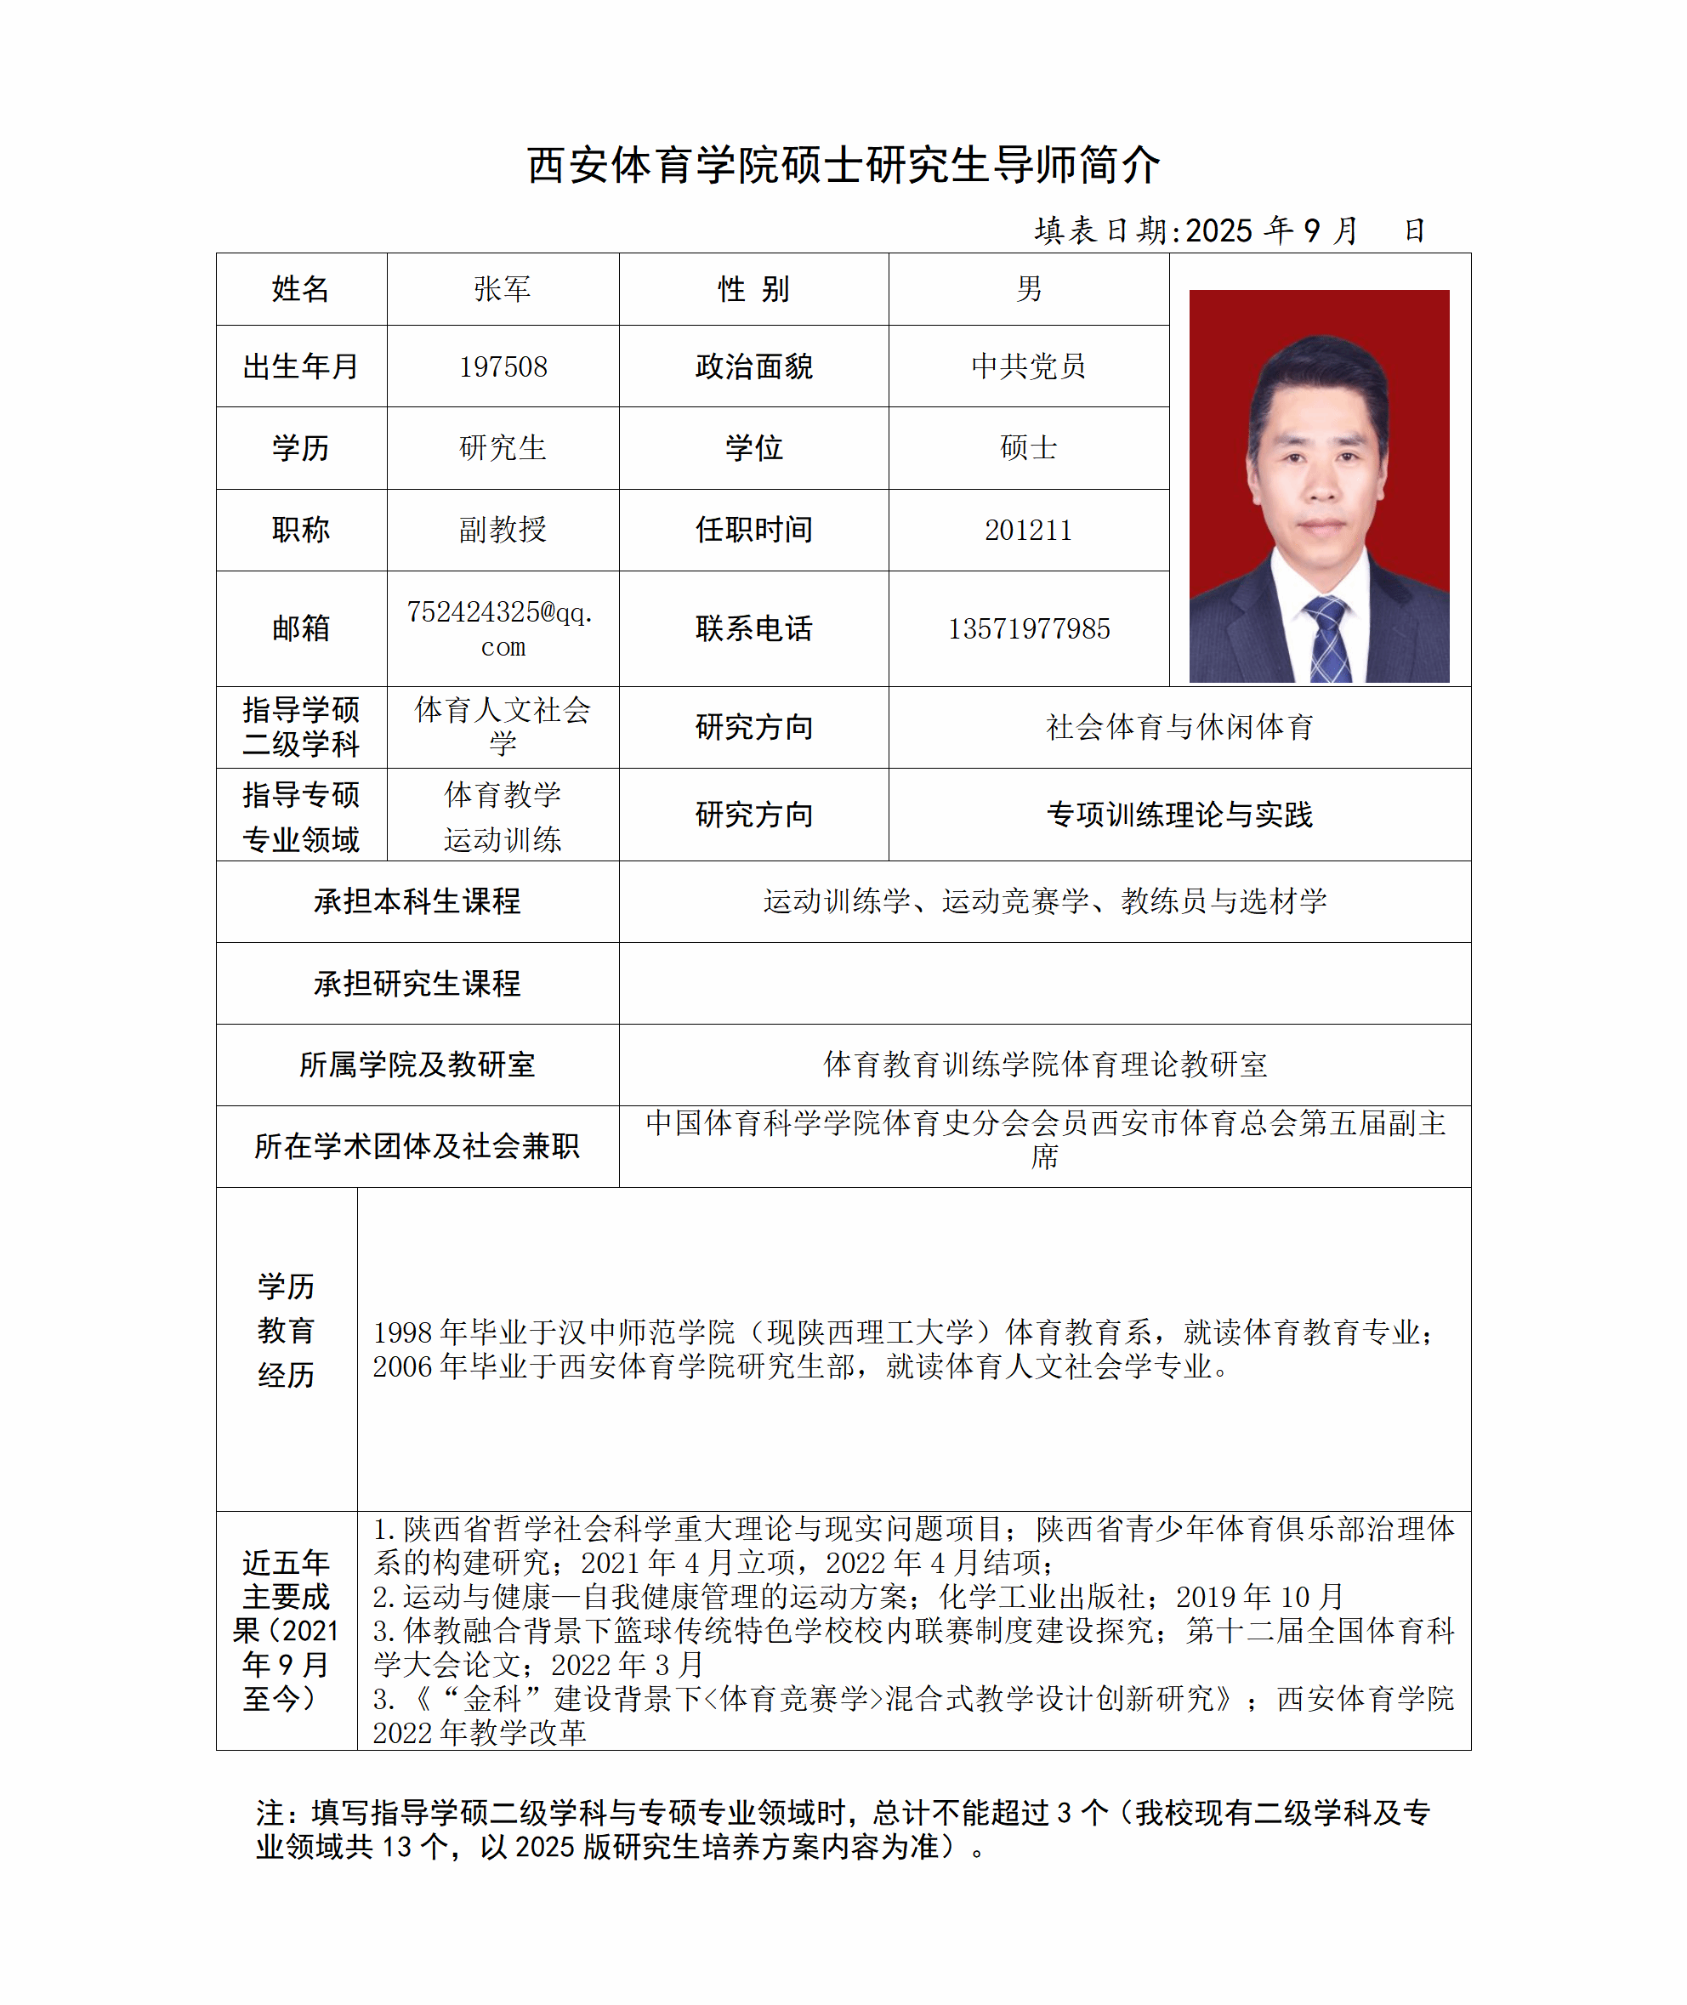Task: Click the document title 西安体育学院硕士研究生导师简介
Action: pos(843,166)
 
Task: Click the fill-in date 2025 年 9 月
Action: pos(1272,230)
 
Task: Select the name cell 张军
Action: pos(502,289)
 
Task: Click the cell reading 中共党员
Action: pos(1028,366)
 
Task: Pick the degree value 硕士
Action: pos(1028,447)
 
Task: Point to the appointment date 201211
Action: pos(1028,530)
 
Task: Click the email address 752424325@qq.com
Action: pos(502,628)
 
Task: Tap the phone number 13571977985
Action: pos(1028,629)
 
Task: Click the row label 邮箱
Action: pos(300,628)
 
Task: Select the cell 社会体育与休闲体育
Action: pos(1179,728)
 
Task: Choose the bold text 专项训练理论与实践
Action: pos(1179,815)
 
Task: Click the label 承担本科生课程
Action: pos(417,901)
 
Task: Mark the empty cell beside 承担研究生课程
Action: pos(1044,984)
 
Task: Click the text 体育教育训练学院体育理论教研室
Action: pos(1044,1065)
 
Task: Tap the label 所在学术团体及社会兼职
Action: pos(417,1146)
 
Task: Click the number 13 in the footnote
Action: pos(397,1846)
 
